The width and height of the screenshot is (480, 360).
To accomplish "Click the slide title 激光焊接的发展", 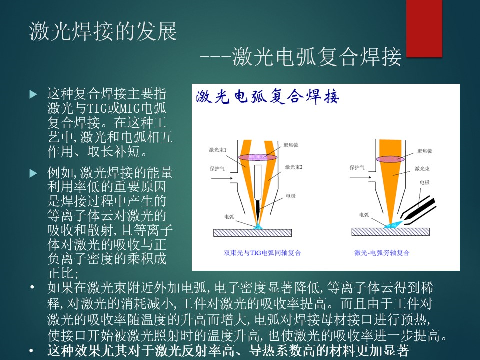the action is tap(103, 31).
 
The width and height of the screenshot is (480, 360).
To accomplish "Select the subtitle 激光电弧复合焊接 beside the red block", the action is tap(317, 57).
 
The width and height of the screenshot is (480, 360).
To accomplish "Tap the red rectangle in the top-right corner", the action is tap(424, 28).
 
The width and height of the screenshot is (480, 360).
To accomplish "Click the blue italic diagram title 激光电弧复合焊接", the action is tap(267, 96).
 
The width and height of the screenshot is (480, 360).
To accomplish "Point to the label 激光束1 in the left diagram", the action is tap(217, 150).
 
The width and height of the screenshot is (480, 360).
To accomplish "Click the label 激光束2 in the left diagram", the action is tap(294, 167).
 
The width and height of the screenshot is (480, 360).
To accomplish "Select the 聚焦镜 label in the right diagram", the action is tap(424, 151).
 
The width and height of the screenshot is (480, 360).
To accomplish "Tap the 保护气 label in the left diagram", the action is tap(217, 168).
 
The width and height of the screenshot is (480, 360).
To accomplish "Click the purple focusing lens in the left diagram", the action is tap(258, 157).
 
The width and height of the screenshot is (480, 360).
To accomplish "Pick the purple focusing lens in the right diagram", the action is tap(390, 159).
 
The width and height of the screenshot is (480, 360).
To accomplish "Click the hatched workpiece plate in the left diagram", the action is tap(252, 233).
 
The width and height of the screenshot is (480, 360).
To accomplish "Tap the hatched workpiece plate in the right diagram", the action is tap(390, 231).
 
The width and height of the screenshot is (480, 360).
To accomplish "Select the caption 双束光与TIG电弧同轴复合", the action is tap(262, 253).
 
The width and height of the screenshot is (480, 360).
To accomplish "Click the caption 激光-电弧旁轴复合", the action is tap(382, 253).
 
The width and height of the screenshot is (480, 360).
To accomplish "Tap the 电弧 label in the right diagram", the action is tap(364, 215).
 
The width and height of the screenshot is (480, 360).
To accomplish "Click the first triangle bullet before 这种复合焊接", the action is tap(33, 94).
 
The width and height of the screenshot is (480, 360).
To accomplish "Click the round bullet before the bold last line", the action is tap(32, 351).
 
